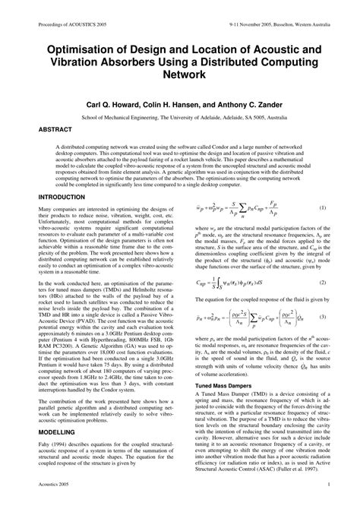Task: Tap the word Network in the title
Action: click(x=180, y=75)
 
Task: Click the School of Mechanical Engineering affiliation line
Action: click(x=179, y=116)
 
